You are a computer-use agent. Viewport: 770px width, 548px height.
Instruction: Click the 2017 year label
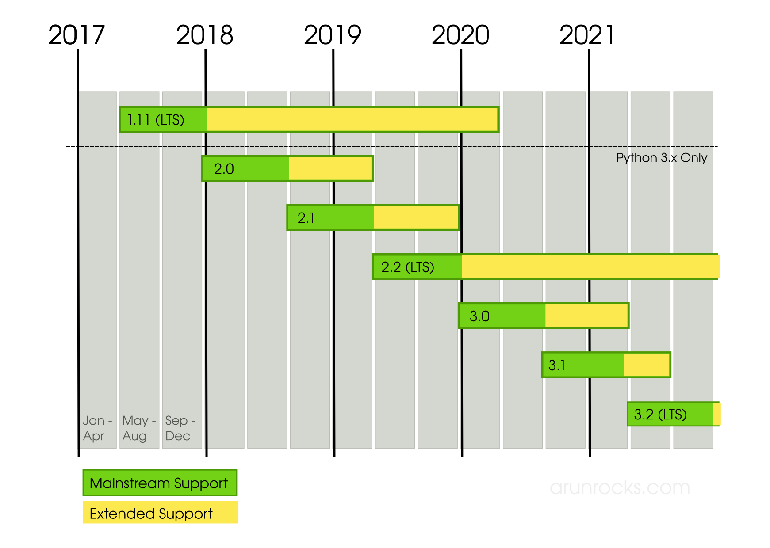tap(77, 35)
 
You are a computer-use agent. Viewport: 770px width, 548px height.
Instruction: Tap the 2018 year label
tap(204, 35)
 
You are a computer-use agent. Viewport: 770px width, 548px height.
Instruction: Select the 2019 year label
tap(333, 35)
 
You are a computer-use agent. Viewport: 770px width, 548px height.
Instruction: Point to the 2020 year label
tap(460, 35)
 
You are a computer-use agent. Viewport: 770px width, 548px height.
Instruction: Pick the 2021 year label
tap(587, 35)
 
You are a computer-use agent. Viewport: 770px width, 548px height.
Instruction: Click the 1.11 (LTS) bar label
tap(156, 120)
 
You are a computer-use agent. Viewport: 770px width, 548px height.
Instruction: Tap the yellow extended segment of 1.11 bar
tap(352, 119)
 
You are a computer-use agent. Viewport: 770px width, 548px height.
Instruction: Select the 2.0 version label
tap(224, 169)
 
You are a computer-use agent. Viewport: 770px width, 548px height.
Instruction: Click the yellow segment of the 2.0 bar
tap(330, 169)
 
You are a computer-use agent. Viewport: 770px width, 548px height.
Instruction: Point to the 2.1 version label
tap(306, 218)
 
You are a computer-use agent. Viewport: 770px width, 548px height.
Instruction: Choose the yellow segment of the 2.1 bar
tap(416, 218)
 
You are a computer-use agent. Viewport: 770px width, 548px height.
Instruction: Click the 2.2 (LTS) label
tap(408, 267)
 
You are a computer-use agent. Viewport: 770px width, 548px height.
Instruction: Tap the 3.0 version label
tap(479, 316)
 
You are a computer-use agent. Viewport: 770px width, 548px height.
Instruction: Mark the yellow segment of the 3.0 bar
tap(586, 316)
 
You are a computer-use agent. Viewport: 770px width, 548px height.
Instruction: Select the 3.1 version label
tap(557, 365)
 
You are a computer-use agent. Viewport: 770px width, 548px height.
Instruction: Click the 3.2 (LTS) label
tap(660, 414)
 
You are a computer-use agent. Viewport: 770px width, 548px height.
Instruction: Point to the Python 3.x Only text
tap(662, 158)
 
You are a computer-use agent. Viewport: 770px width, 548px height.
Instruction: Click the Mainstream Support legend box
tap(159, 483)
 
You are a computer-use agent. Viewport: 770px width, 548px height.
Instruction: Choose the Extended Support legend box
tap(160, 513)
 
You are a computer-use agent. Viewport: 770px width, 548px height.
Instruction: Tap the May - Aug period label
tap(138, 428)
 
